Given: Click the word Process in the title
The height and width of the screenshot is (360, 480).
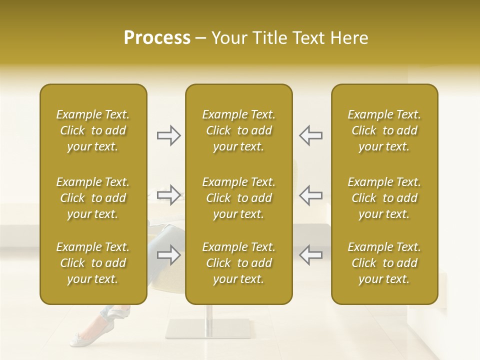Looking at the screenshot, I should click(157, 38).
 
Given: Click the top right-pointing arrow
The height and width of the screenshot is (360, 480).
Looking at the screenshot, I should click(168, 135).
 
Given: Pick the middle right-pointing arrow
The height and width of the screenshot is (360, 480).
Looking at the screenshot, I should click(168, 195).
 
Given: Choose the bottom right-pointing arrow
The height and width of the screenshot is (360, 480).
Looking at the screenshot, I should click(168, 255).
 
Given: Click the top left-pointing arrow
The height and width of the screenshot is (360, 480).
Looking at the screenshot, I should click(310, 135).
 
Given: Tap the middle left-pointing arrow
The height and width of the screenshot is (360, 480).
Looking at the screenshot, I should click(310, 195).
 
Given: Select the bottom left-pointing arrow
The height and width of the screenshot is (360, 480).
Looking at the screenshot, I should click(310, 255).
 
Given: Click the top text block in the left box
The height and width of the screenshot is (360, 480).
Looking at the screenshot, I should click(93, 130).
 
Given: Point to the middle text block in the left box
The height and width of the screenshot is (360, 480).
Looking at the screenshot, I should click(93, 198).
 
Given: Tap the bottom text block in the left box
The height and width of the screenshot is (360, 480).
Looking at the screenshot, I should click(93, 263).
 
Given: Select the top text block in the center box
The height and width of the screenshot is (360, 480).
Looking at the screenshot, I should click(238, 130).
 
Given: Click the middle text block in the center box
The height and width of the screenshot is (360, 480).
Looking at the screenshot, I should click(238, 198).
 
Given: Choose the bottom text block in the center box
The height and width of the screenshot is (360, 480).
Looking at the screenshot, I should click(238, 263).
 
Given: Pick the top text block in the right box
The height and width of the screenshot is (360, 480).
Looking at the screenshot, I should click(384, 130).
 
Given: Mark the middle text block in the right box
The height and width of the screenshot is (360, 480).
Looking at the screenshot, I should click(384, 198).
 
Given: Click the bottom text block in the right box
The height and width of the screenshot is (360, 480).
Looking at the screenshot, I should click(384, 263).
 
